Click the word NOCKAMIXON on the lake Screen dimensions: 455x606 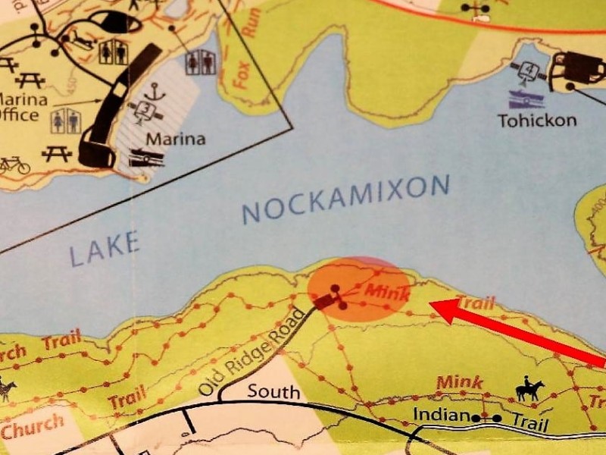(x=347, y=199)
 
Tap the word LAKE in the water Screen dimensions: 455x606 (x=105, y=249)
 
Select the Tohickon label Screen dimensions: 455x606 (x=537, y=120)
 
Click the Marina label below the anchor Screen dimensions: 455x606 (x=176, y=140)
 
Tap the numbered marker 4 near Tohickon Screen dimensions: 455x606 (x=529, y=73)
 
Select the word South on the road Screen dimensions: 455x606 (x=273, y=393)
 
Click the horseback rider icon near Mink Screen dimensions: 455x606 (x=529, y=390)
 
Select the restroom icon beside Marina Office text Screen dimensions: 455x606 (x=65, y=120)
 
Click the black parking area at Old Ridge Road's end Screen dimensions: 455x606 (x=326, y=300)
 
